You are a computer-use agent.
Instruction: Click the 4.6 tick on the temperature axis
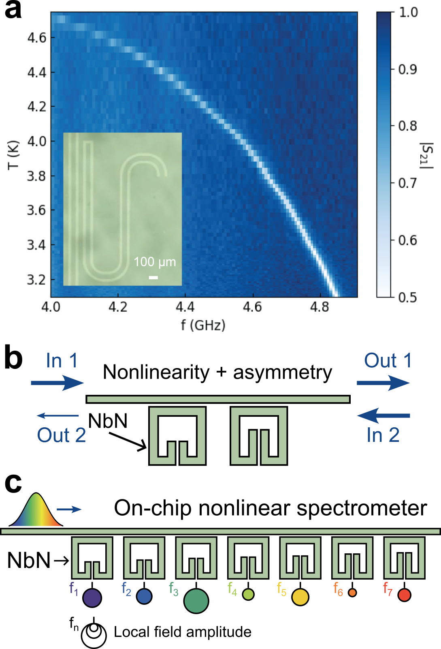[37, 38]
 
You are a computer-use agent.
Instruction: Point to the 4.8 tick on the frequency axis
[320, 307]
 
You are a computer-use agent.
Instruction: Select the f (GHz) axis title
[203, 325]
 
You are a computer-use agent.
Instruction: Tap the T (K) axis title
[13, 155]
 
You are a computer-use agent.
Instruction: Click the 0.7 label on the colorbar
[407, 183]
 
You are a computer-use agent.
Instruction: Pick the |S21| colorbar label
[426, 155]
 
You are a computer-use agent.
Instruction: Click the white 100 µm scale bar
[153, 278]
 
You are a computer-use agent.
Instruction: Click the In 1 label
[62, 360]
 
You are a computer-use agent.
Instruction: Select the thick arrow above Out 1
[383, 383]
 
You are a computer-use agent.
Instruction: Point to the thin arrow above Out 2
[58, 416]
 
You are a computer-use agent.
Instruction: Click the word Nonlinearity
[156, 372]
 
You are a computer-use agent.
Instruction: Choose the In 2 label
[383, 435]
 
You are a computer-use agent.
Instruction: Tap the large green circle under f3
[196, 601]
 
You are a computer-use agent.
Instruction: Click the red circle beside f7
[404, 595]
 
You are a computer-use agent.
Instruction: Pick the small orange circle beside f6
[352, 593]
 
